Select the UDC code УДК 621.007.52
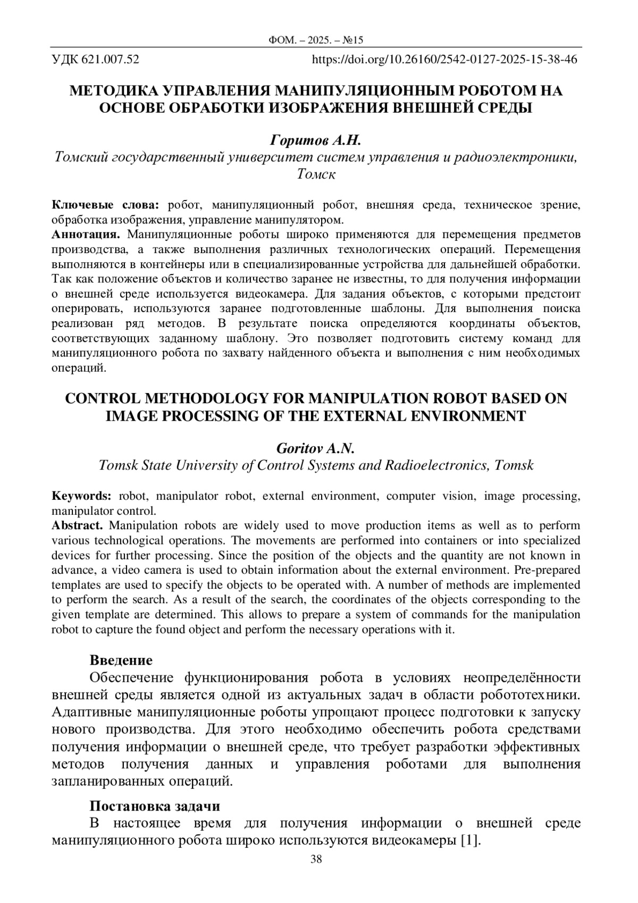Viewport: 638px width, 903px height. (95, 60)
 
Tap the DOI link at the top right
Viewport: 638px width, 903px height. (444, 60)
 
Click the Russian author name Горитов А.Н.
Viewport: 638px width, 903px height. (316, 140)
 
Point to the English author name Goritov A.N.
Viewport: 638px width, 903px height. (315, 448)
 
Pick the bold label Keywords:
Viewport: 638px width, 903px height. (81, 496)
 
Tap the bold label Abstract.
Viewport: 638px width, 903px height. (77, 526)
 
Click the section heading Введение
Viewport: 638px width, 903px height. (121, 660)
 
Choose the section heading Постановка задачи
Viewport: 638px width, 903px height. (155, 806)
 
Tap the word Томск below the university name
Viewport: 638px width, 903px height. (316, 174)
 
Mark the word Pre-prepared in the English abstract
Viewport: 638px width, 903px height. (547, 570)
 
